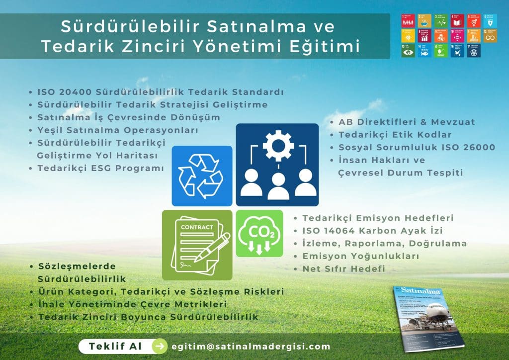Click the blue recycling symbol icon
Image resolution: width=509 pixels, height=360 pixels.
click(202, 176)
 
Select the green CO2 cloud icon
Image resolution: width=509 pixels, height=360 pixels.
click(259, 233)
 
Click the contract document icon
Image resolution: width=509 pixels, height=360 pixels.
click(197, 245)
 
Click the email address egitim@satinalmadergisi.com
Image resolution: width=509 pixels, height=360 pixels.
click(251, 347)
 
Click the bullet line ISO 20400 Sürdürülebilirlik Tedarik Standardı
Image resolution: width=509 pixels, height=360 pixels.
click(160, 92)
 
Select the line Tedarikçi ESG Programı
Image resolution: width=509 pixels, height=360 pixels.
click(100, 168)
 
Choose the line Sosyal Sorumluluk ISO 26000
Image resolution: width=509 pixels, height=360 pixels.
click(417, 147)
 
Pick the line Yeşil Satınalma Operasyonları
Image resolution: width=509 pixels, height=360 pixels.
click(118, 130)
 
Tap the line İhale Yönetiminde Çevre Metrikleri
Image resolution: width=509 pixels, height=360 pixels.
click(132, 304)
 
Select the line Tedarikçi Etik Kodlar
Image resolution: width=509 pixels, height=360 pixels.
click(395, 135)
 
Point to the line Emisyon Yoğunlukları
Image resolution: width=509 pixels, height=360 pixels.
click(361, 256)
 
